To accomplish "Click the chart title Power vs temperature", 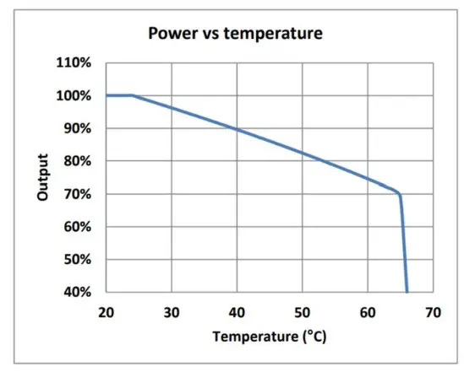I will pos(235,34).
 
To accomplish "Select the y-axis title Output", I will pos(43,177).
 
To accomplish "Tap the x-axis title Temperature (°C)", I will pos(269,336).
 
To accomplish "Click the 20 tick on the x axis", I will pos(106,312).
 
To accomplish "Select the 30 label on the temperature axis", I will pos(172,312).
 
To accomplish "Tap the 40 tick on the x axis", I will pos(237,312).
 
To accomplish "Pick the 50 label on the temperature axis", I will pos(302,312).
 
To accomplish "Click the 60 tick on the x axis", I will pos(368,312).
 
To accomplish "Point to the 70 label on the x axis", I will pos(433,312).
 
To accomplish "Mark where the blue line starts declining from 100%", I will pos(133,95).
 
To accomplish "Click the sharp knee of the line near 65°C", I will pos(399,195).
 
